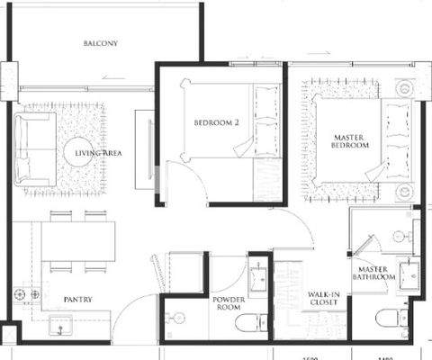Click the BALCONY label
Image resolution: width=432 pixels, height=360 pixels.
(x=100, y=43)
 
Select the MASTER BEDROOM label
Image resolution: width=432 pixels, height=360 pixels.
(x=349, y=139)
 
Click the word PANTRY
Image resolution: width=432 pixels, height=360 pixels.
(x=76, y=299)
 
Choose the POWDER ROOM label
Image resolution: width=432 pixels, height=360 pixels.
(x=229, y=303)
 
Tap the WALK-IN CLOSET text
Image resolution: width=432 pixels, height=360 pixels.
(x=323, y=300)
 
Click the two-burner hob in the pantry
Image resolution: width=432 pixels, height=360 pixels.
(x=27, y=293)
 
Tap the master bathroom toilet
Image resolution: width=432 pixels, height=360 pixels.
(x=388, y=319)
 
